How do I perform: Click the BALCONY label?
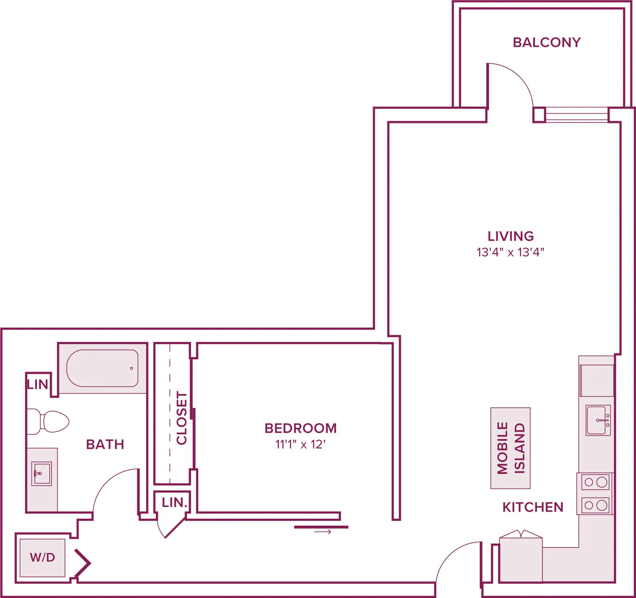click(x=546, y=43)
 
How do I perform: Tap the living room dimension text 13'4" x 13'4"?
click(x=510, y=253)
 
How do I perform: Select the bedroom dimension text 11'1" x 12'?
click(x=301, y=445)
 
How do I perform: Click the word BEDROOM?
click(x=301, y=428)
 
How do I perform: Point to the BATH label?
click(x=105, y=445)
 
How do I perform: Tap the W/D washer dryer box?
click(x=42, y=557)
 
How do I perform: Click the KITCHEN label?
click(x=533, y=507)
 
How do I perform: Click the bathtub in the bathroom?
click(x=102, y=368)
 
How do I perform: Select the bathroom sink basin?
click(x=41, y=474)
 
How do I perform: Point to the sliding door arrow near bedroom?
click(x=322, y=532)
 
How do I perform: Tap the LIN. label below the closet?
click(x=174, y=502)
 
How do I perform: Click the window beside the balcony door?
click(x=576, y=115)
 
